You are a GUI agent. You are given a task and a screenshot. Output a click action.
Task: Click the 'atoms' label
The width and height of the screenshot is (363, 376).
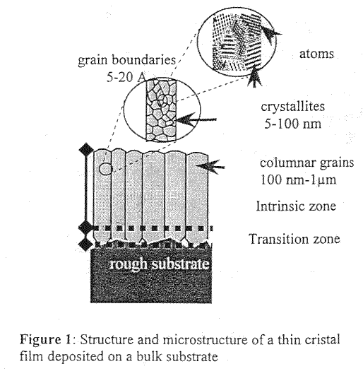[316, 54]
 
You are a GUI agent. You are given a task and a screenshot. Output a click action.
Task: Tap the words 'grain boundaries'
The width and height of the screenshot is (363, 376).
[126, 59]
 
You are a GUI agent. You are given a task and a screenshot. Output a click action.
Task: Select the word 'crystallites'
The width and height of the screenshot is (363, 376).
[293, 106]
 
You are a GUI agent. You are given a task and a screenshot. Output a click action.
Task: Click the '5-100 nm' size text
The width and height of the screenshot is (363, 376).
[292, 124]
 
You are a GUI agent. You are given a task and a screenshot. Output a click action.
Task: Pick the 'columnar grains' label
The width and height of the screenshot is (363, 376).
[307, 163]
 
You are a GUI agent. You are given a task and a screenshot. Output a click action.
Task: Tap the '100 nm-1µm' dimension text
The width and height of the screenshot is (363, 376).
[298, 180]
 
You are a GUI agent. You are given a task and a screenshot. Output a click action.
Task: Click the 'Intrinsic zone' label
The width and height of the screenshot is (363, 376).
[296, 206]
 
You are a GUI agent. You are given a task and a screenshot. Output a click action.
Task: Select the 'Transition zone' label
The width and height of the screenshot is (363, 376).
[295, 239]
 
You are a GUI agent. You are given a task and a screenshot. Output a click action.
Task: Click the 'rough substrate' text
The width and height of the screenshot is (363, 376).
[159, 264]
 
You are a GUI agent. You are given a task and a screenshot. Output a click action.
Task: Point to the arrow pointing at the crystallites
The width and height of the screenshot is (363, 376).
[196, 119]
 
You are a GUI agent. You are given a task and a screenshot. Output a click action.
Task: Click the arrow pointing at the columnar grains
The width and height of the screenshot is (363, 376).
[210, 166]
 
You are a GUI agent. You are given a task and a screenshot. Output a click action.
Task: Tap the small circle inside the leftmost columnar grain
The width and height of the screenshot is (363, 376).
[105, 168]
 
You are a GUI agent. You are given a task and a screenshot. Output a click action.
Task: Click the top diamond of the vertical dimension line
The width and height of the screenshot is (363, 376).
[86, 150]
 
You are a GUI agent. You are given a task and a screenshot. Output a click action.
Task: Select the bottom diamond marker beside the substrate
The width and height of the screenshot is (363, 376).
[86, 245]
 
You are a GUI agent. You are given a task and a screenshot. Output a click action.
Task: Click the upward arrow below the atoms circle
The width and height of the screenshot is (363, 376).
[255, 76]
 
